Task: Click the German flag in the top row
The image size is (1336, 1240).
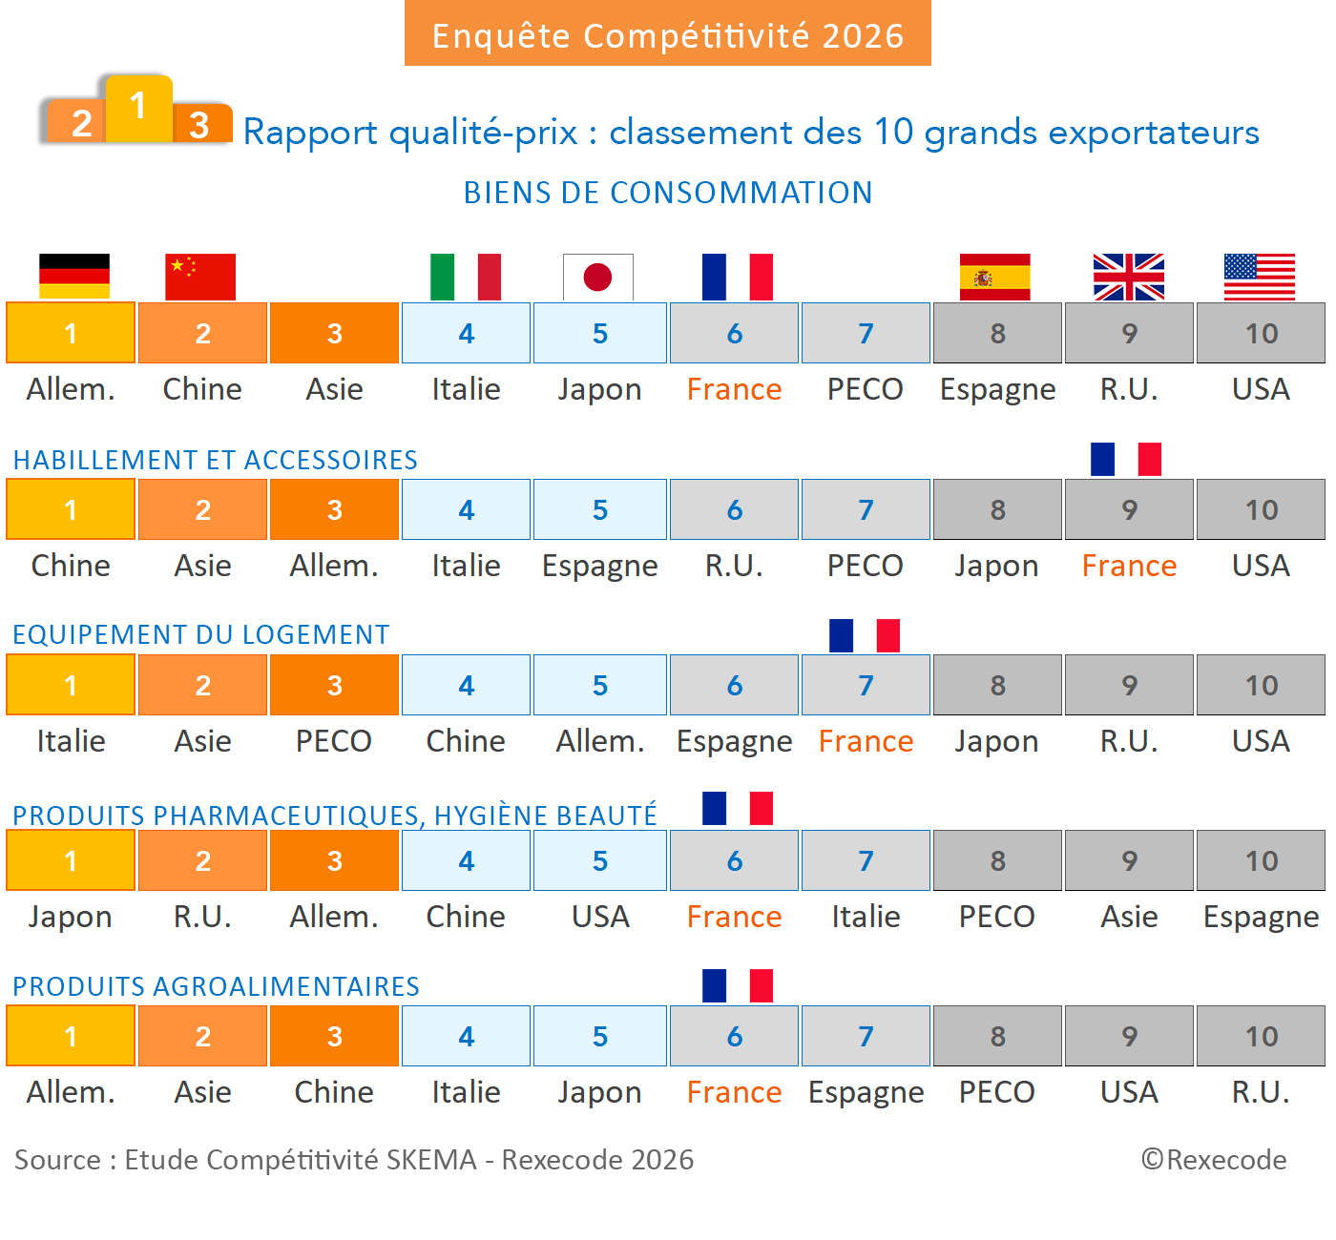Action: tap(74, 277)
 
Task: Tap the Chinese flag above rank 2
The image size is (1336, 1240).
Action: tap(200, 277)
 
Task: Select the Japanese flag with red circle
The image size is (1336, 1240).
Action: tap(598, 277)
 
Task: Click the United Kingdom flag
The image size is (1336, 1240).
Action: tap(1128, 277)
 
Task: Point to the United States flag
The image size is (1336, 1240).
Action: tap(1260, 277)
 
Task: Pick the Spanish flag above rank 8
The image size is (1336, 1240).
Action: tap(994, 277)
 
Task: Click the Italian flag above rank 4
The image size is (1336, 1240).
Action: tap(466, 277)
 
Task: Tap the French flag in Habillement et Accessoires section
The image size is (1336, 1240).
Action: tap(1126, 459)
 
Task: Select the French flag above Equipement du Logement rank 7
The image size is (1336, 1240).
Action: tap(865, 635)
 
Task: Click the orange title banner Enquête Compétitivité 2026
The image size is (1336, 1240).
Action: tap(668, 34)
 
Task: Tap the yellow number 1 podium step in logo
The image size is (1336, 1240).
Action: tap(138, 107)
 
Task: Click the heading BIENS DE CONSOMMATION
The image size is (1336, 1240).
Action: tap(668, 193)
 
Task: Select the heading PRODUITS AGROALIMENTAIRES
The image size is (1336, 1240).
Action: tap(216, 986)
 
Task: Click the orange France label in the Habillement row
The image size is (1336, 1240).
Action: tap(1129, 566)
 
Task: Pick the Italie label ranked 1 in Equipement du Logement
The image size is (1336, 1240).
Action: tap(71, 741)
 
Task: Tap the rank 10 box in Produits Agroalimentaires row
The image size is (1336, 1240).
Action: tap(1261, 1036)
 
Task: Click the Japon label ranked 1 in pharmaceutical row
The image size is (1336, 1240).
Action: tap(71, 917)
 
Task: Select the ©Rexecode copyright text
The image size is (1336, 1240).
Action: tap(1214, 1160)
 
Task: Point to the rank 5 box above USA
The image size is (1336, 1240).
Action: tap(599, 860)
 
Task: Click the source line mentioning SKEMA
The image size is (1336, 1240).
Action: tap(354, 1160)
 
